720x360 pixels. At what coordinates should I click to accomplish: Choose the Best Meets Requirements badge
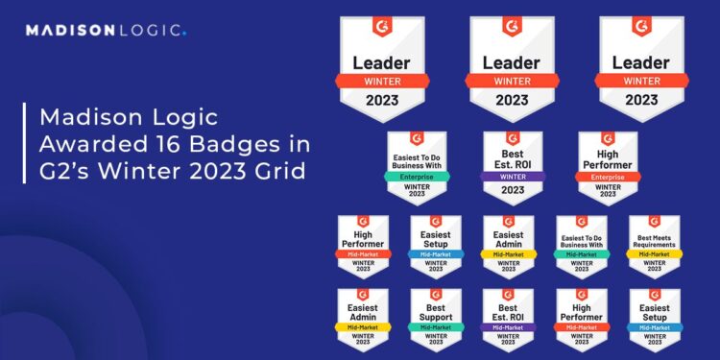654,245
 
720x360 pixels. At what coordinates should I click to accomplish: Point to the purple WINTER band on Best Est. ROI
512,178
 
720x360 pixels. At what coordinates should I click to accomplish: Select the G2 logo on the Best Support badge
435,295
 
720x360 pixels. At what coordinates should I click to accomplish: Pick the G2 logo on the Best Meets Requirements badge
654,222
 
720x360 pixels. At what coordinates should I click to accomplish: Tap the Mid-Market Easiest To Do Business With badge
581,245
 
